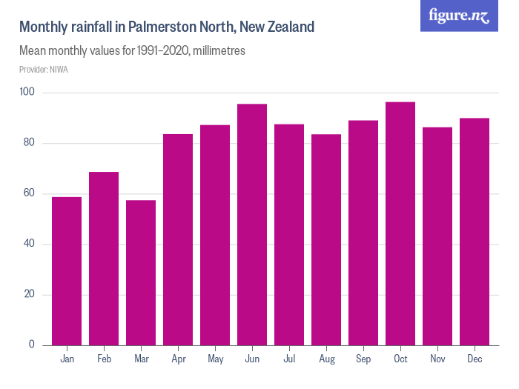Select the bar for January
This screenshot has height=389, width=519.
click(67, 271)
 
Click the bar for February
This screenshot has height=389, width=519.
click(104, 259)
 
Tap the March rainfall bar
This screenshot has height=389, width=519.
click(141, 273)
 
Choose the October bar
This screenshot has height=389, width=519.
click(400, 224)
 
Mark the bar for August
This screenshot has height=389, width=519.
click(326, 240)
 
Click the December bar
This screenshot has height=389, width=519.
click(475, 232)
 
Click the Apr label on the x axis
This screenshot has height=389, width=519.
click(178, 359)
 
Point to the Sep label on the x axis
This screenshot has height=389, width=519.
click(363, 359)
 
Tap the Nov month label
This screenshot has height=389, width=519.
click(437, 359)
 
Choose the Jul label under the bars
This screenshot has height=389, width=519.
click(289, 359)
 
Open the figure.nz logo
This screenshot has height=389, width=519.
click(459, 16)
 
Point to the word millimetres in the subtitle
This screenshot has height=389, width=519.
click(219, 52)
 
